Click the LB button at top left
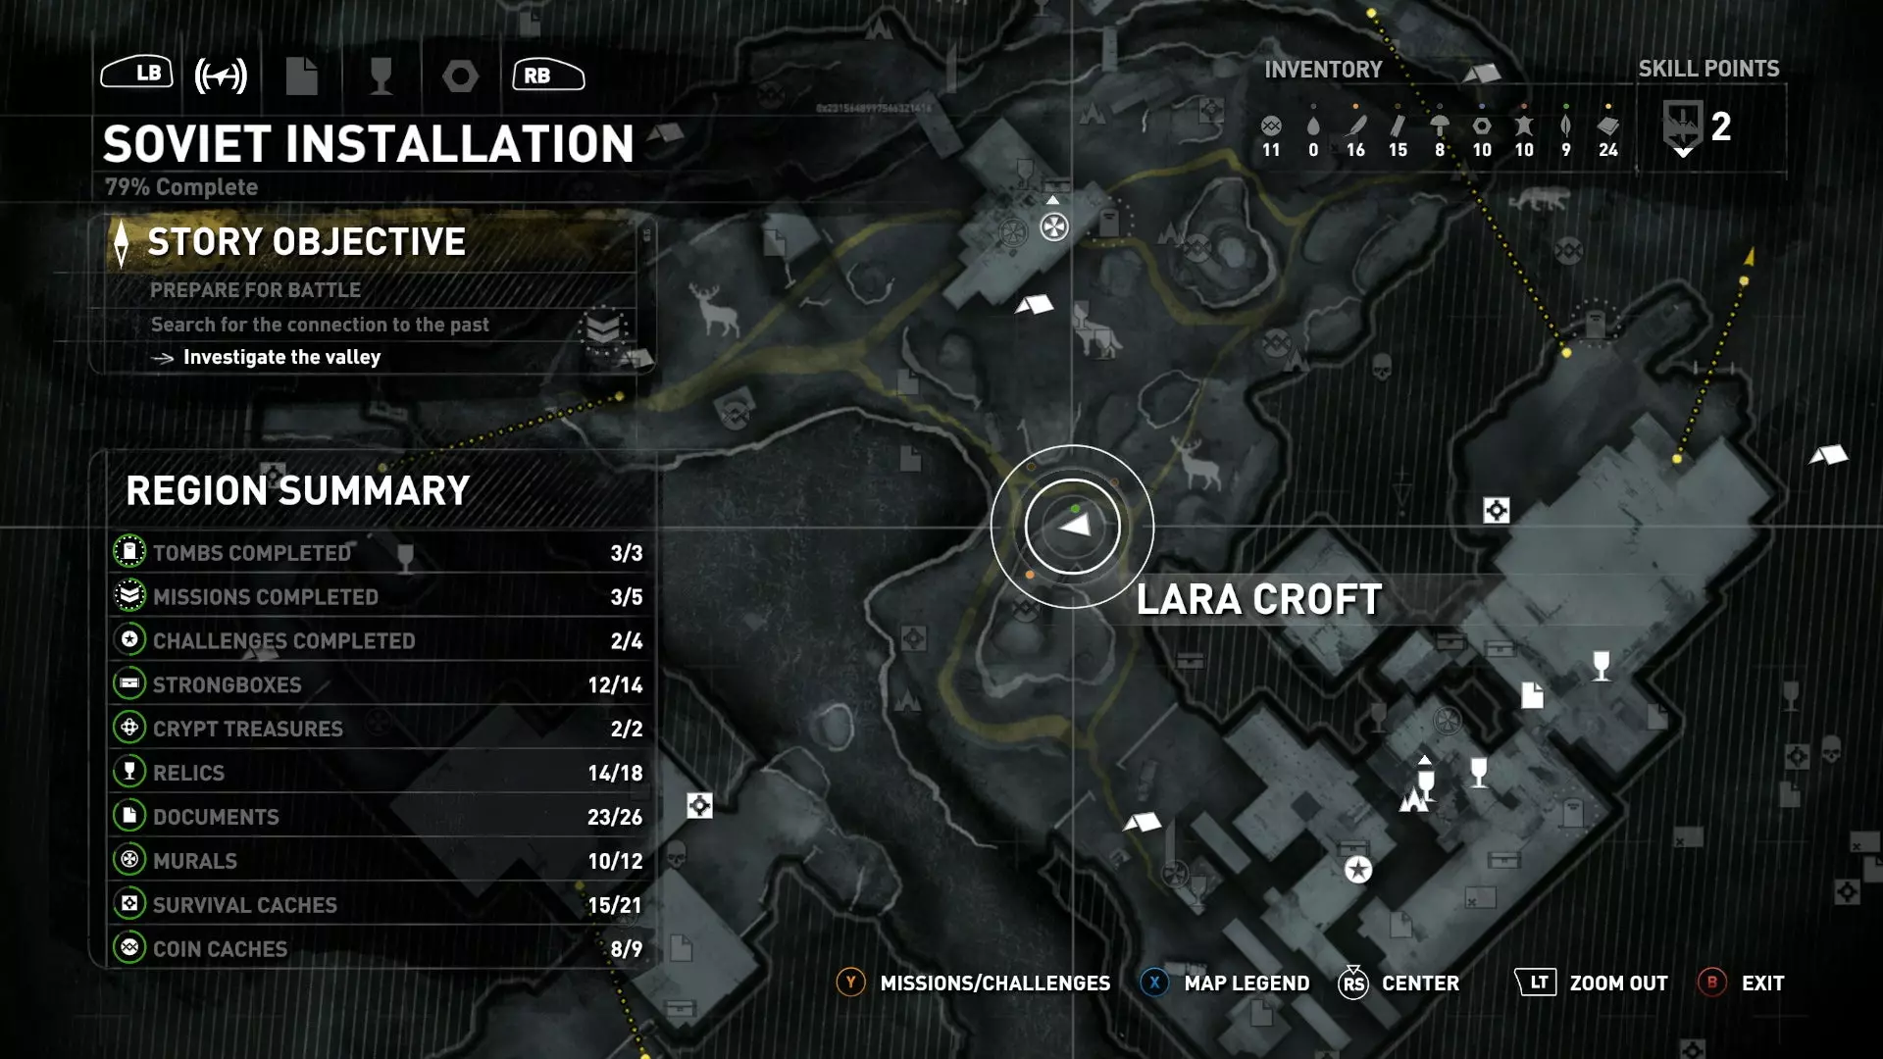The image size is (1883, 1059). click(137, 73)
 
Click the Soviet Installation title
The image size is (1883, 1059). click(369, 144)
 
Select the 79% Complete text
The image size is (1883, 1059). click(181, 187)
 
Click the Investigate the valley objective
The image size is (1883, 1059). click(281, 358)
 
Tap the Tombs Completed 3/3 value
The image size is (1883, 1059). click(626, 553)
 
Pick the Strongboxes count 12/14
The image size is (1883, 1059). click(615, 685)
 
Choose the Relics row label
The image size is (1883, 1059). click(188, 774)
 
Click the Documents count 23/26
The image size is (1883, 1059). click(615, 818)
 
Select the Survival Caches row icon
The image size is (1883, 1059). click(129, 903)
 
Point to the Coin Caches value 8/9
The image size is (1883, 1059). click(626, 949)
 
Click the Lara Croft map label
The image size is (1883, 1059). click(1259, 600)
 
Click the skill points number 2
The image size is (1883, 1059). click(1721, 126)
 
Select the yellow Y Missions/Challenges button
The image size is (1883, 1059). click(850, 983)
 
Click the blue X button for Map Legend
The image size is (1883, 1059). click(1154, 983)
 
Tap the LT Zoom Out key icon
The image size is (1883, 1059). click(1536, 983)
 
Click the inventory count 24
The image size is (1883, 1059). click(1608, 150)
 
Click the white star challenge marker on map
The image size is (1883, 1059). click(1358, 870)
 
